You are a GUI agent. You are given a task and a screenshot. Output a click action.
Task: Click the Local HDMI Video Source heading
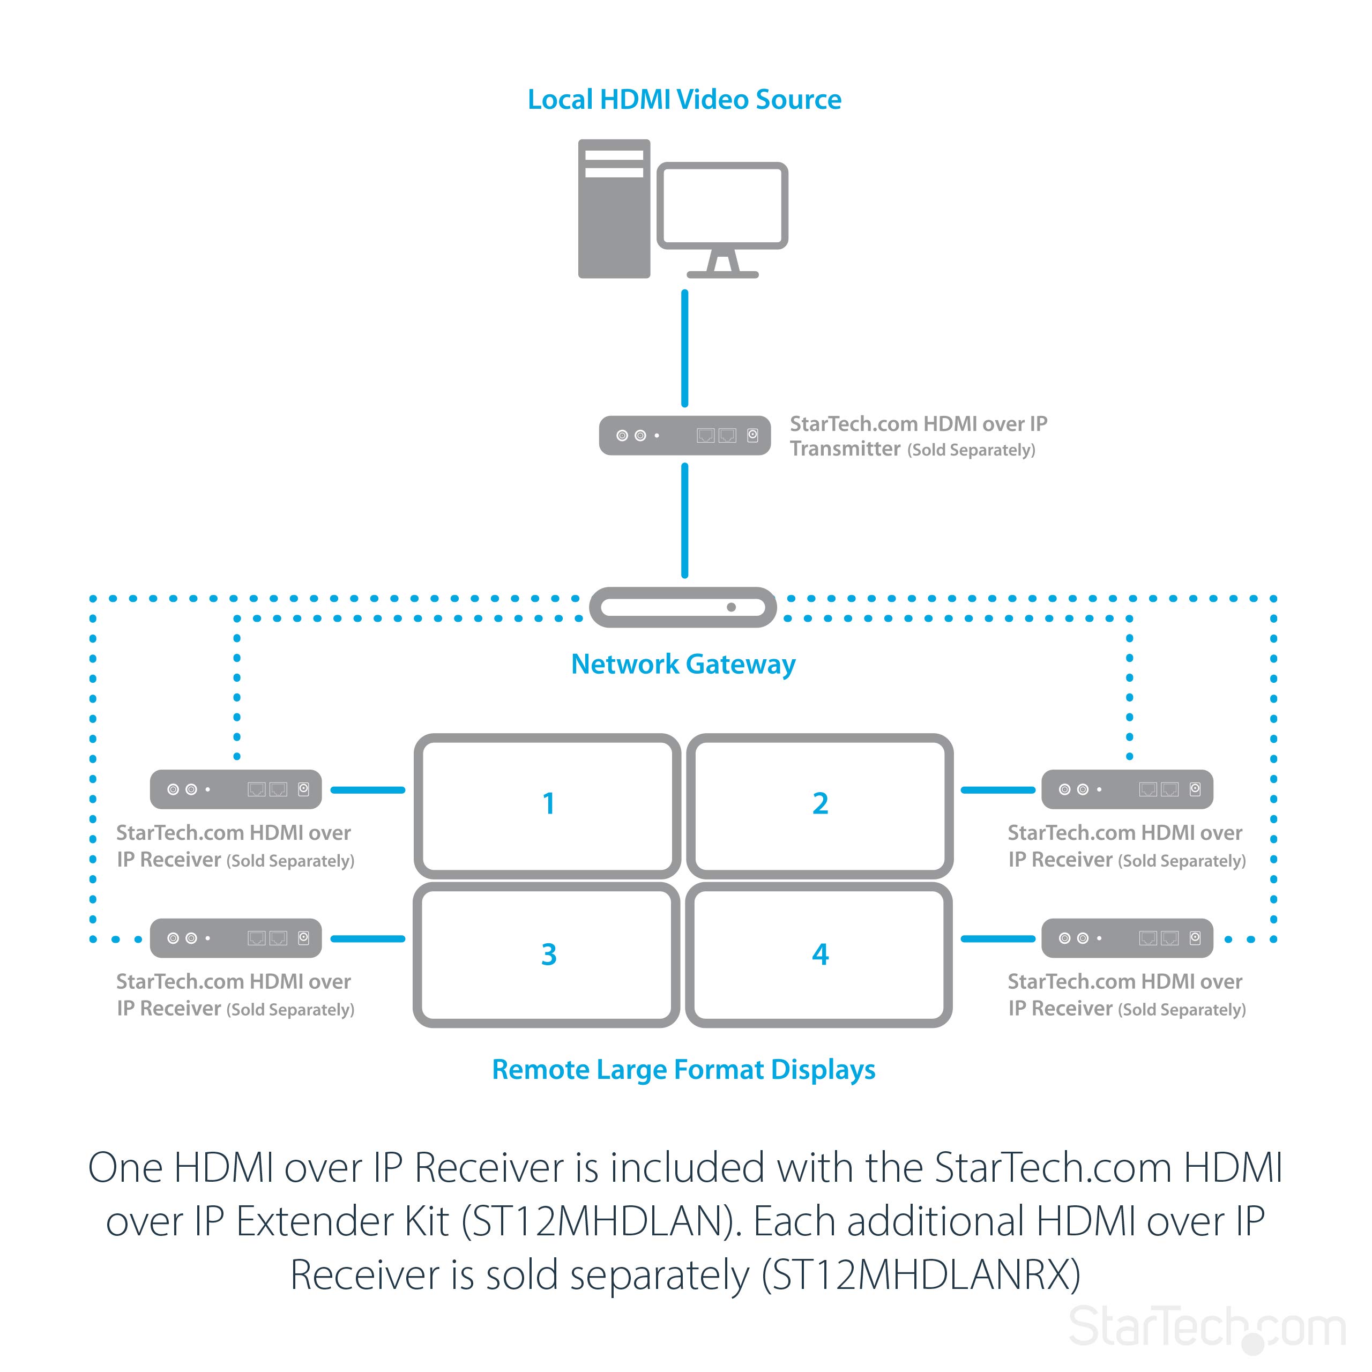coord(684,100)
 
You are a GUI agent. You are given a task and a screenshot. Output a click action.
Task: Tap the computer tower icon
coord(614,209)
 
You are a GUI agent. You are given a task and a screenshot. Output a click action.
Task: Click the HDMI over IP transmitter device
coord(684,435)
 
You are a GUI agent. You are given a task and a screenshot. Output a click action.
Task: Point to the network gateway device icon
coord(683,607)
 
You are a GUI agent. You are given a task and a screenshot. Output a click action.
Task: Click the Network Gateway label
coord(683,664)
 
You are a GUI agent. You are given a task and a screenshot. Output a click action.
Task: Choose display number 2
coord(820,804)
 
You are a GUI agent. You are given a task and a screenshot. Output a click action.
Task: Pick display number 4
coord(820,955)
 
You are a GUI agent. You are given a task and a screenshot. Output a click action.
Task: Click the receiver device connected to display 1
coord(236,789)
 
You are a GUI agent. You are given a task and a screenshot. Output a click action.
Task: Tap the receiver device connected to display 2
coord(1127,789)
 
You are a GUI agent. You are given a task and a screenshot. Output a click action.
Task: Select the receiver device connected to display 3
coord(236,938)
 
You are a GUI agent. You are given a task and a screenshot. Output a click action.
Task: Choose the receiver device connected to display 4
coord(1127,938)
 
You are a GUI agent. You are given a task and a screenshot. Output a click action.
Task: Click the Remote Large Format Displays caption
coord(683,1070)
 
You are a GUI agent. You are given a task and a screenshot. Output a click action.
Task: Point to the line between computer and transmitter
coord(684,348)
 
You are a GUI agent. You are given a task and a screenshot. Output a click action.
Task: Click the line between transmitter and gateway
coord(684,520)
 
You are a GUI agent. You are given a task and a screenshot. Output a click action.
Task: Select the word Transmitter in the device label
coord(845,449)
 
